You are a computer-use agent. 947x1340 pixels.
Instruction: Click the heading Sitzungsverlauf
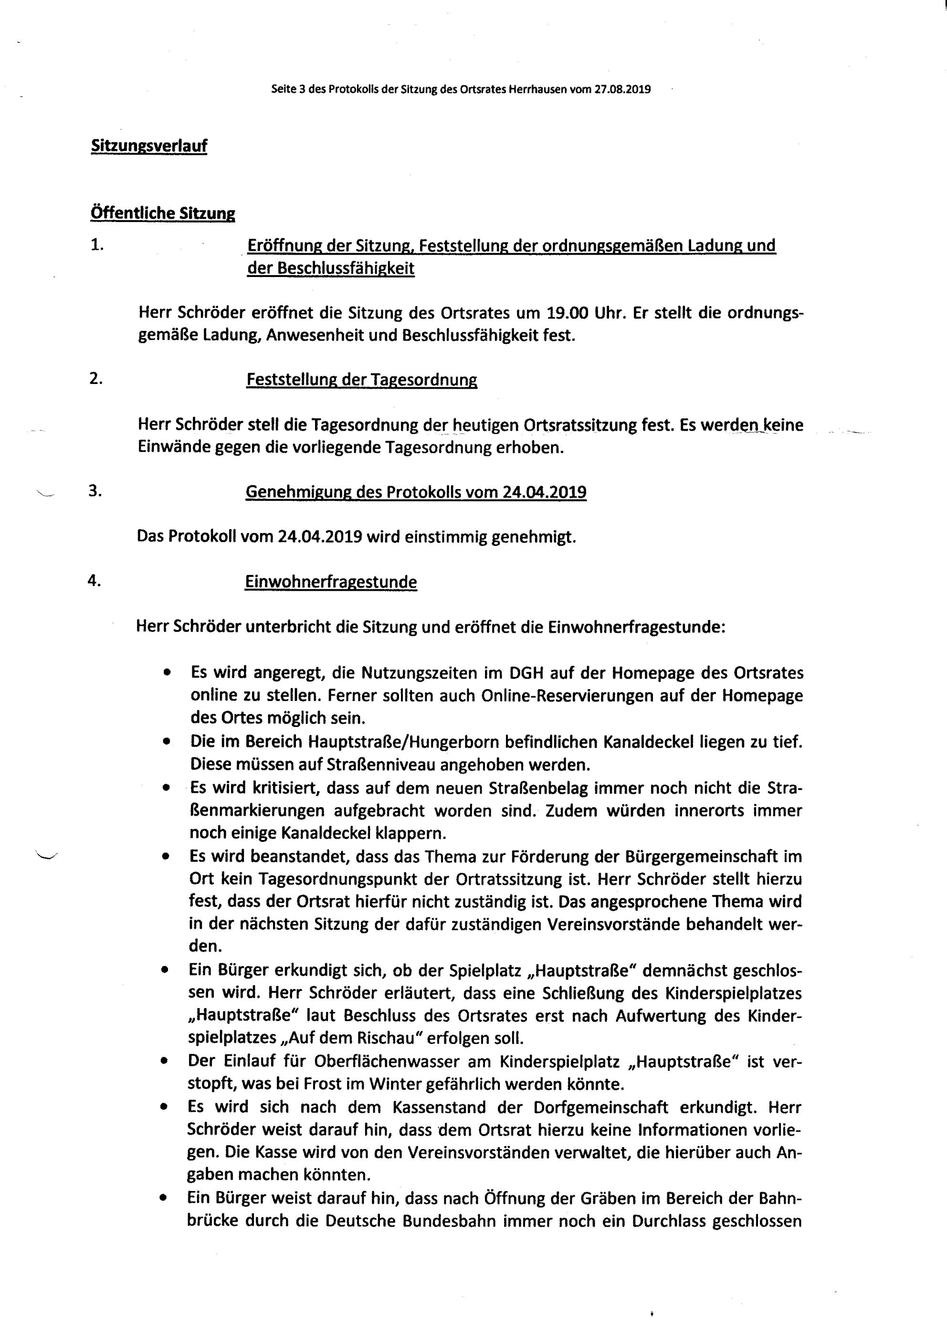click(x=149, y=146)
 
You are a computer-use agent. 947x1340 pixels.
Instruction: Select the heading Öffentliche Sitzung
click(x=162, y=213)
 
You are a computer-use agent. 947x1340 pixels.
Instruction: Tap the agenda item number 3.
click(x=95, y=491)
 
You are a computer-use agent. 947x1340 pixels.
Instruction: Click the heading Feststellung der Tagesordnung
click(x=361, y=380)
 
